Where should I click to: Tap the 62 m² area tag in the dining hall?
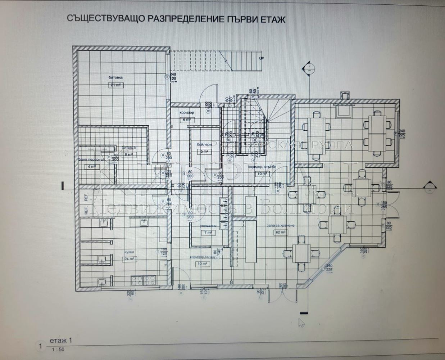280,232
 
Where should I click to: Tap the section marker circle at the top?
308,68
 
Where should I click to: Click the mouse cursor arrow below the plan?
301,321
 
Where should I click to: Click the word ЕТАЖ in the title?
271,19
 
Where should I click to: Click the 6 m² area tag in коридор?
186,120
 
